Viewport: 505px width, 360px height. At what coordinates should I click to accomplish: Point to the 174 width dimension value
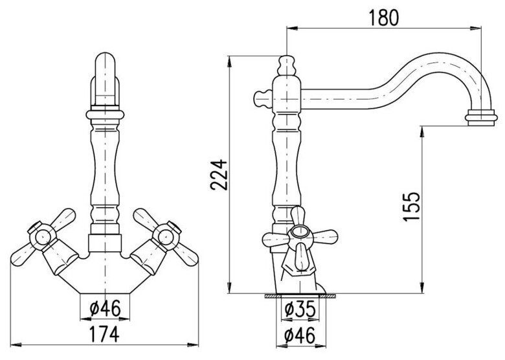click(x=104, y=334)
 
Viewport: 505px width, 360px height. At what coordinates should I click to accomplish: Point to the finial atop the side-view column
click(x=286, y=65)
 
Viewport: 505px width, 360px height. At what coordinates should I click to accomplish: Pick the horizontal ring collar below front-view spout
click(x=105, y=114)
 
